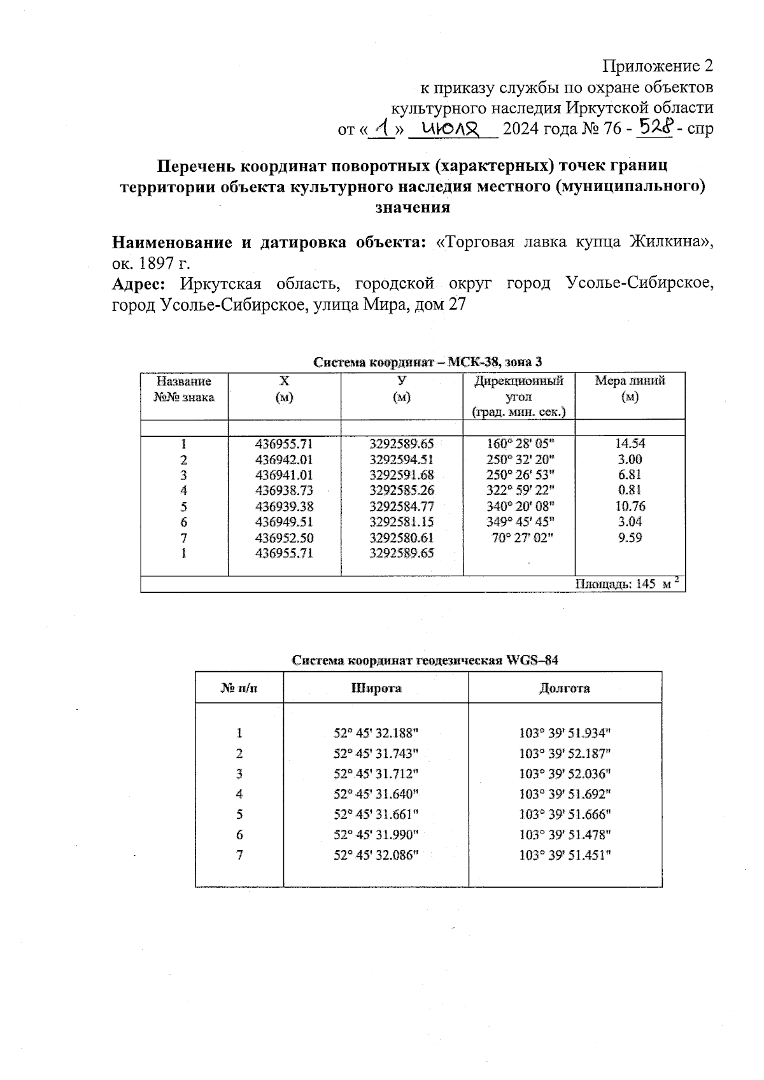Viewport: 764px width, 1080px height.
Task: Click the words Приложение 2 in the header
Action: click(658, 66)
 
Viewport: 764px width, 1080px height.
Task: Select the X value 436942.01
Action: click(284, 460)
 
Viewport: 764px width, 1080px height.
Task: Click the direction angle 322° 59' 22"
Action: click(519, 490)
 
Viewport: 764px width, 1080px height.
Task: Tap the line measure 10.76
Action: click(630, 506)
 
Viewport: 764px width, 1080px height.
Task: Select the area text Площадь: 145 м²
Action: click(628, 584)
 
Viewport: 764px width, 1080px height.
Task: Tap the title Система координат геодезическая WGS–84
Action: click(425, 660)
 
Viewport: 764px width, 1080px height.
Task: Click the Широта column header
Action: click(376, 688)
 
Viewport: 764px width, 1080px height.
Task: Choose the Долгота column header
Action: click(564, 688)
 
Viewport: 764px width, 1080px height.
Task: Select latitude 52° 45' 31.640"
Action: click(376, 794)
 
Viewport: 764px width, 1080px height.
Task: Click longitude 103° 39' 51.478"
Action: click(565, 835)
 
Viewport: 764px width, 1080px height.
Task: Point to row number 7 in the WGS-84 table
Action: click(239, 855)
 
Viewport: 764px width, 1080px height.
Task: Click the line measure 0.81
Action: click(630, 490)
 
